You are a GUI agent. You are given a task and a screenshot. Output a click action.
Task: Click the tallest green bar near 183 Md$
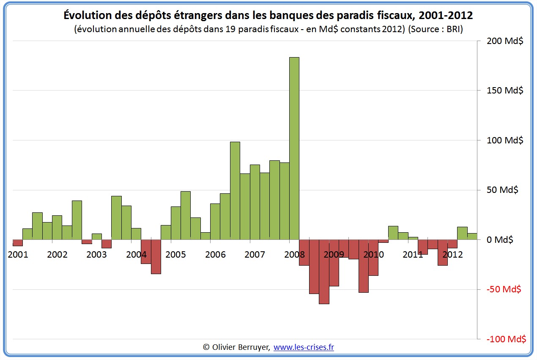coord(294,148)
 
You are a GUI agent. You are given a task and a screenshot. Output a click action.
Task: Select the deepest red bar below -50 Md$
coord(324,272)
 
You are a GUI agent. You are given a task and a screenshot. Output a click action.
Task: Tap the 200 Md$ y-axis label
coord(505,41)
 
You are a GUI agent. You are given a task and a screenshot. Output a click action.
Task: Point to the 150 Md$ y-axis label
coord(505,91)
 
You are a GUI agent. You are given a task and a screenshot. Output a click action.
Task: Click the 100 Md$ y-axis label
coord(505,140)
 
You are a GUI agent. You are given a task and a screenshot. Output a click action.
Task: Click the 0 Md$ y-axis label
coord(500,240)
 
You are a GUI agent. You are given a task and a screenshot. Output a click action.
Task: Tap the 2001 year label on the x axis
coord(18,255)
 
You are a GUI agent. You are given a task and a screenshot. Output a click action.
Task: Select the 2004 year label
coord(136,255)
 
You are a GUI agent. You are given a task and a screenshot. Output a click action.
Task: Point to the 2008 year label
coord(294,255)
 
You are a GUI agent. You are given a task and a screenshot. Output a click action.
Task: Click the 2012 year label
coord(452,255)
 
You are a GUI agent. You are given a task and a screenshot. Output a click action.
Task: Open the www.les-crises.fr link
coord(304,347)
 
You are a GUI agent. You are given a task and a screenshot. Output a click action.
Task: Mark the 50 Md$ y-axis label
coord(502,190)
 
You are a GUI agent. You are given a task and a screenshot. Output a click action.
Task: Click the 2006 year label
coord(215,255)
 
